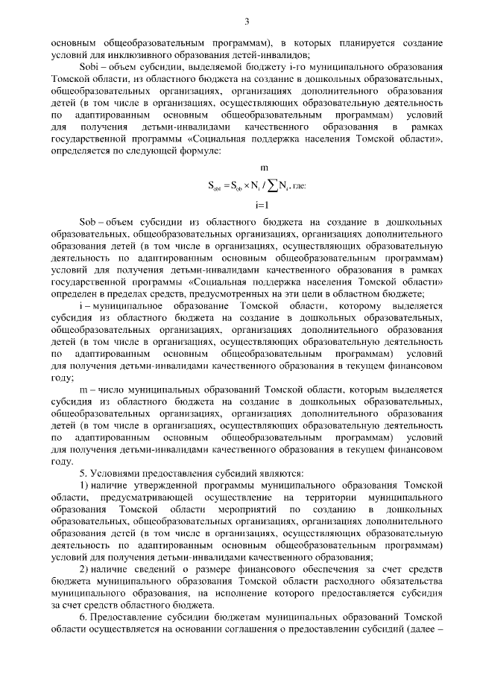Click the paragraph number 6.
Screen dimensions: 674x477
pyautogui.click(x=83, y=617)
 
